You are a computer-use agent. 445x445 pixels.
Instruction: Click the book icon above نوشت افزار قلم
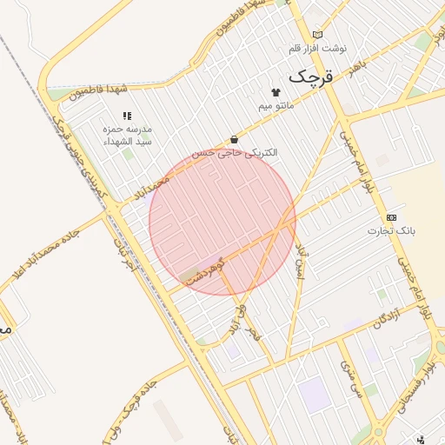(317, 35)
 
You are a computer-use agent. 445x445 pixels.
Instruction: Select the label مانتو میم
(276, 106)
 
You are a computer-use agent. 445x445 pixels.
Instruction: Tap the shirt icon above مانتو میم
(276, 92)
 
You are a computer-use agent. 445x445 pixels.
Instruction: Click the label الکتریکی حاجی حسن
(235, 153)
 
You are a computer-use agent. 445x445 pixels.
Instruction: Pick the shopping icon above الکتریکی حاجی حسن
(235, 139)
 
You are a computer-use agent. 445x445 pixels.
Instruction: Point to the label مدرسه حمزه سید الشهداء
(127, 134)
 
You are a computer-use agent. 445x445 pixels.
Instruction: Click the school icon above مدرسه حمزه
(127, 115)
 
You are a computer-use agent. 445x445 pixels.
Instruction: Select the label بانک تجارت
(391, 231)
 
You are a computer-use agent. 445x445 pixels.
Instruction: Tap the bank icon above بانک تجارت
(391, 216)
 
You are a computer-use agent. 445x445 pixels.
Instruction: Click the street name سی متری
(351, 374)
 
